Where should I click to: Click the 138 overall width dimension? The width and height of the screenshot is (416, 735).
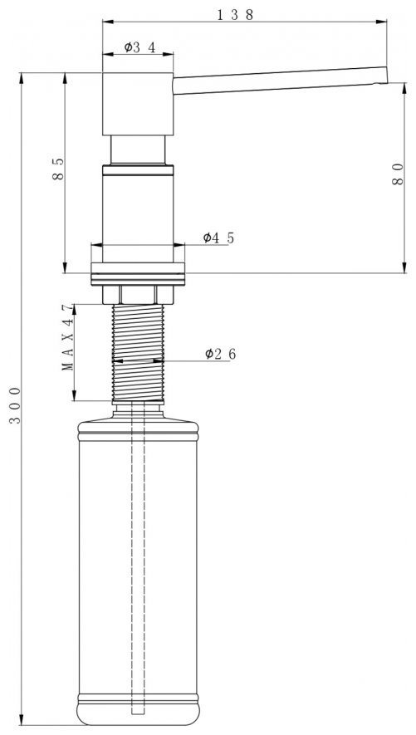coord(235,15)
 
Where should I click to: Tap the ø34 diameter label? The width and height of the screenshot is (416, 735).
coord(139,47)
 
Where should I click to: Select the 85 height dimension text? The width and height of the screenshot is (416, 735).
coord(58,169)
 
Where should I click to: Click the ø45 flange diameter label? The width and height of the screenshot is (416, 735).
coord(218,238)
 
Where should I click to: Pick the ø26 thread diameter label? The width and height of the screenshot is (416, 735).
coord(220,354)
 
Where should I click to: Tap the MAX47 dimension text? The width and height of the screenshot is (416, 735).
coord(68,337)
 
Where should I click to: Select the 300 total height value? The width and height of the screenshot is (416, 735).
coord(16,405)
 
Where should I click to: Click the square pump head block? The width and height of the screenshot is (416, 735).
coord(138,104)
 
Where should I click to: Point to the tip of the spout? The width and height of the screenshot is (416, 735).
coord(387,75)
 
